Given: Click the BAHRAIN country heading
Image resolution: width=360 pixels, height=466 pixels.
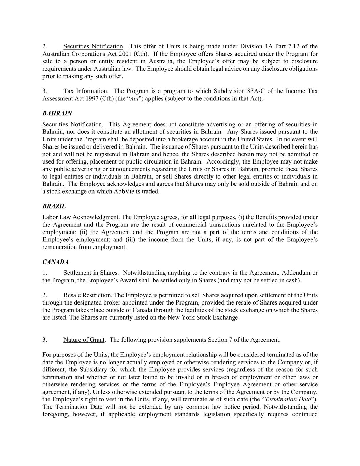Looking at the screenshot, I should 57,113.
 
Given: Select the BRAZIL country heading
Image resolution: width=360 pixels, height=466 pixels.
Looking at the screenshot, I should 54,206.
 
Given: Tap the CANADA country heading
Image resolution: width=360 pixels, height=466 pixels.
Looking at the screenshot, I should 55,262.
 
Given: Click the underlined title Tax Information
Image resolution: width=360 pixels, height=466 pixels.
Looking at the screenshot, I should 85,91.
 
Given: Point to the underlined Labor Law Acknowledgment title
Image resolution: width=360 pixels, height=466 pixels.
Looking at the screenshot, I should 80,217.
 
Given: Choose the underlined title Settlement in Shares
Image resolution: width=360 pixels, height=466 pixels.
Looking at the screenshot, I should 90,273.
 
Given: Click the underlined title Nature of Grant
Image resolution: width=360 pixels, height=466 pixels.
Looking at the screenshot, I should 84,340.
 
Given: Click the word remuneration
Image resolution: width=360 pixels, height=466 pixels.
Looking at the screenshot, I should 60,247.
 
